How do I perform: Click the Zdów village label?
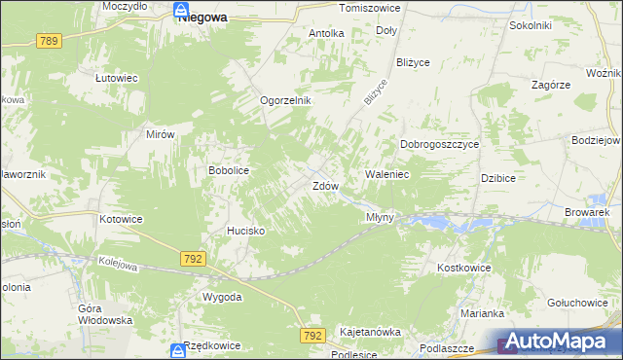pos(325,185)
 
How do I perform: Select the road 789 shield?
pos(49,41)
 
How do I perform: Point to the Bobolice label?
pos(229,170)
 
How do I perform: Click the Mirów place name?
pos(159,134)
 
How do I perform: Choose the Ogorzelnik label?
pos(284,100)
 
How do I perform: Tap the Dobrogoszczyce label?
pos(440,144)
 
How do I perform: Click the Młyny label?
pos(380,217)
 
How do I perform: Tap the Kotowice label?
pos(121,219)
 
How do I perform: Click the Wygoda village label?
pos(221,297)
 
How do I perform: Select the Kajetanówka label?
pos(370,332)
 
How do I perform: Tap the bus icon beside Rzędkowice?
pos(175,349)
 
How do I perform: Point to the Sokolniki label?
pos(531,25)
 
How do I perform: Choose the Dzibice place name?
pos(497,178)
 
